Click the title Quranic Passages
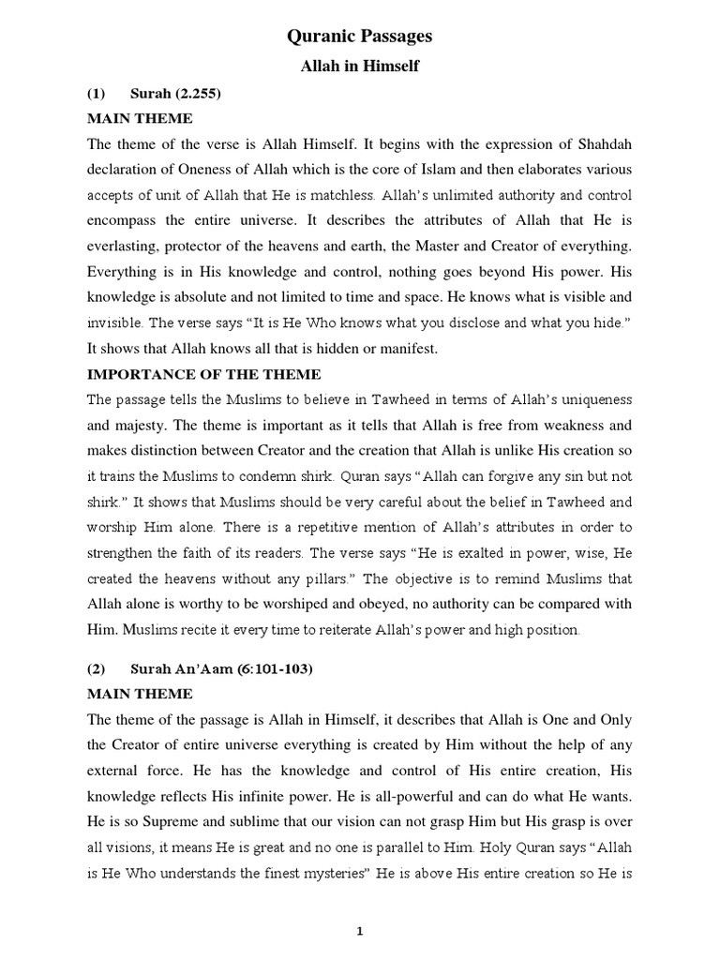[x=359, y=37]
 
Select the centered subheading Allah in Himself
[x=359, y=67]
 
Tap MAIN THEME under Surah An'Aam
[x=140, y=694]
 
